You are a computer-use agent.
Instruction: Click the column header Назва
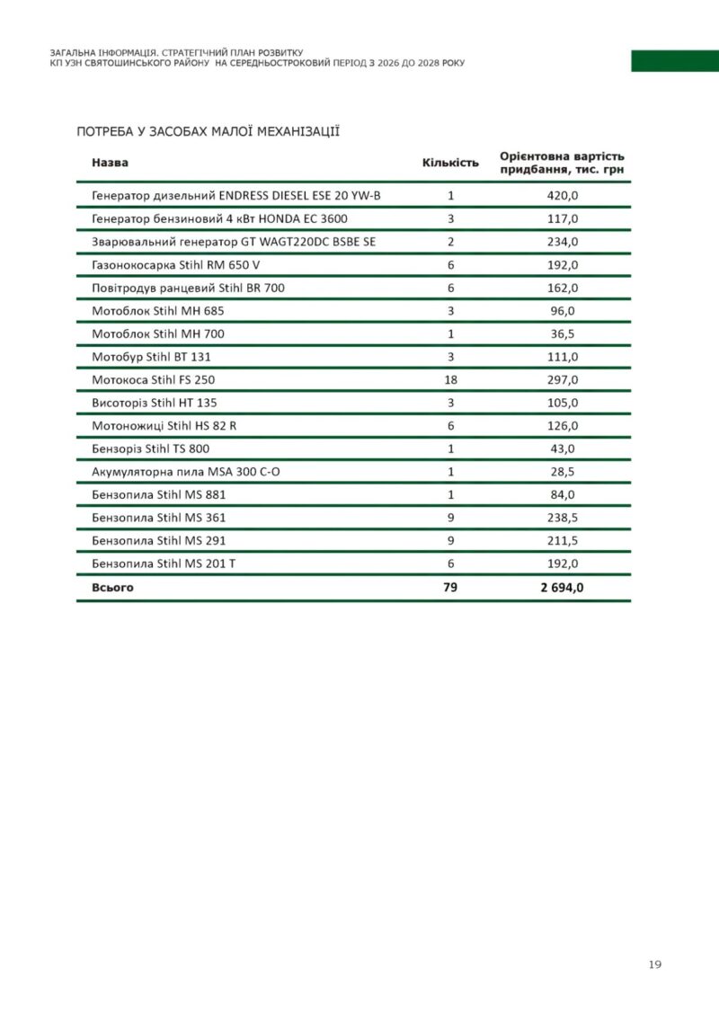pos(110,163)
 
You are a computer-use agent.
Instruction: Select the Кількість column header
pos(450,163)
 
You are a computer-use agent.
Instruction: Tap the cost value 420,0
pos(563,195)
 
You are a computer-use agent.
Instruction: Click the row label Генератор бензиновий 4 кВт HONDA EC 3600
pos(219,218)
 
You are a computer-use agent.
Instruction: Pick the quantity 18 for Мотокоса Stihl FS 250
pos(451,380)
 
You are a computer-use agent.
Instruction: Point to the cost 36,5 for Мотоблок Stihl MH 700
pos(563,333)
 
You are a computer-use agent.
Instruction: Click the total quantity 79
pos(451,588)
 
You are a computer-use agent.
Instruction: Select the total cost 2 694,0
pos(563,588)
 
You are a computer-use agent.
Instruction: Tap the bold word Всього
pos(112,588)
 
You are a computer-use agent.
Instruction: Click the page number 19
pos(654,964)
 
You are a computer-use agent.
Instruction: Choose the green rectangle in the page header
pos(674,61)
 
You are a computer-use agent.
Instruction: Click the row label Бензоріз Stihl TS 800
pos(150,448)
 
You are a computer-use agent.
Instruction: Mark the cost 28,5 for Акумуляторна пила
pos(563,472)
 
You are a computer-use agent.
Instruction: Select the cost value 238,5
pos(563,518)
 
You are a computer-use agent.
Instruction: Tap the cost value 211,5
pos(563,541)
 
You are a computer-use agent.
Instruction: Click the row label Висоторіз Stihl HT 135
pos(155,403)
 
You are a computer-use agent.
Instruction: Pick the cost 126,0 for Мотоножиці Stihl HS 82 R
pos(563,426)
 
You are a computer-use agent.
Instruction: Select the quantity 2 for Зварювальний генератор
pos(451,242)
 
